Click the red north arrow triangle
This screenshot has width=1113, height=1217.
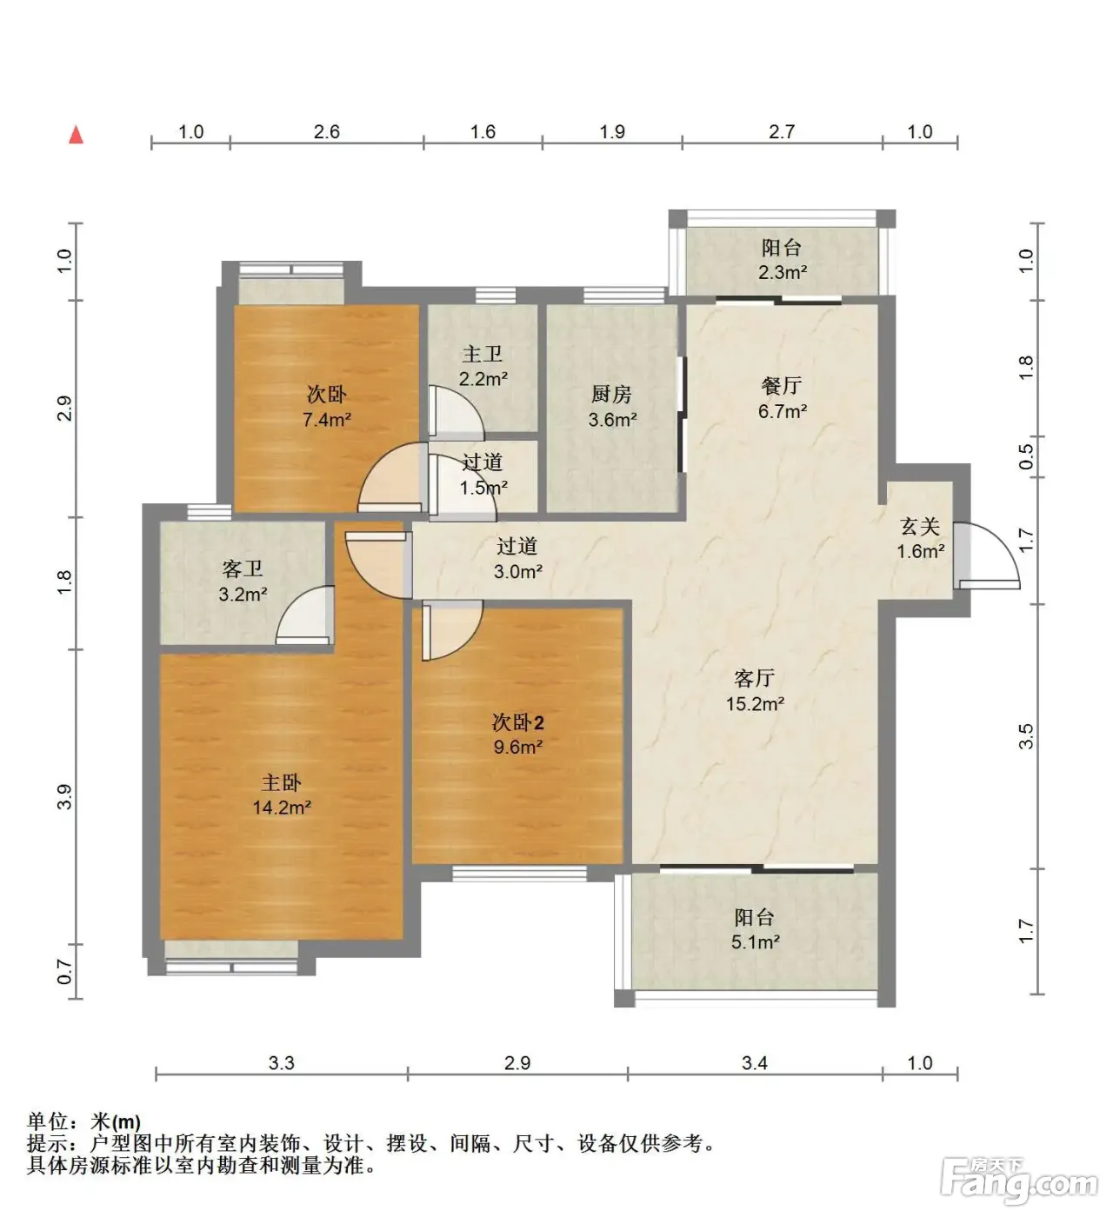pyautogui.click(x=76, y=135)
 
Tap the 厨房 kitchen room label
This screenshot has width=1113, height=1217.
pyautogui.click(x=612, y=395)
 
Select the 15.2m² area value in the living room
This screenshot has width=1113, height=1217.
pyautogui.click(x=755, y=704)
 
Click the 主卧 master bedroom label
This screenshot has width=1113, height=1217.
pyautogui.click(x=281, y=782)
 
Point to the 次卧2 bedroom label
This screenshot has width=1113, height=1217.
pyautogui.click(x=517, y=722)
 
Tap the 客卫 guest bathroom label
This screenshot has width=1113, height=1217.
pyautogui.click(x=242, y=569)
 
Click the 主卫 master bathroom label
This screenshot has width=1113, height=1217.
pyautogui.click(x=483, y=354)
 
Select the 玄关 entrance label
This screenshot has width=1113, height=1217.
pyautogui.click(x=920, y=526)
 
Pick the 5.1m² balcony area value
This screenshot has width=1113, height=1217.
pyautogui.click(x=755, y=942)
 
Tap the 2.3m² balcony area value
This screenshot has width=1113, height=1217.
pyautogui.click(x=783, y=272)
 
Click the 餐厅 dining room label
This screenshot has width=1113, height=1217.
pyautogui.click(x=782, y=385)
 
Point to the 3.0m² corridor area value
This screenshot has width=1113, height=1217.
pyautogui.click(x=517, y=571)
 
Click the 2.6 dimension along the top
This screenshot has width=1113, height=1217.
pyautogui.click(x=326, y=131)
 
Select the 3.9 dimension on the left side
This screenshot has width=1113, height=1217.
pyautogui.click(x=64, y=796)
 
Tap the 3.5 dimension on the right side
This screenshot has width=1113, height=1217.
pyautogui.click(x=1025, y=736)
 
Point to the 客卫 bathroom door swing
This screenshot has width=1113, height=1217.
pyautogui.click(x=304, y=614)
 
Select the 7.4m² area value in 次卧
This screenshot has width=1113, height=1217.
pyautogui.click(x=327, y=419)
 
